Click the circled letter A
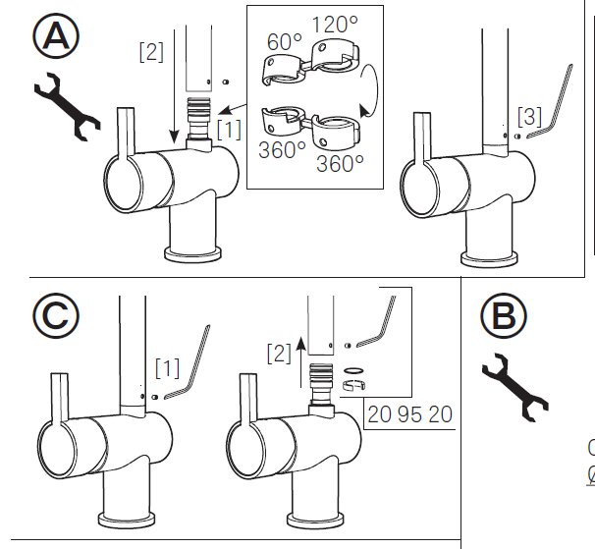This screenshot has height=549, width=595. [56, 35]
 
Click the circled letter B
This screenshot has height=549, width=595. [504, 316]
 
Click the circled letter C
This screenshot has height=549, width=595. [56, 315]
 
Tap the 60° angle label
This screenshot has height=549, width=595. [284, 42]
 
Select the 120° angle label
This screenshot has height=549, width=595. [335, 25]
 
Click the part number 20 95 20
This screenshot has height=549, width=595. [409, 414]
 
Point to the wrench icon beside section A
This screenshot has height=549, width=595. [68, 106]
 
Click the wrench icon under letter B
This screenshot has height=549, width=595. [515, 387]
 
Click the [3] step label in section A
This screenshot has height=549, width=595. [530, 117]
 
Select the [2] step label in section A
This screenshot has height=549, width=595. [151, 52]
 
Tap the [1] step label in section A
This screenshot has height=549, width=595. [229, 130]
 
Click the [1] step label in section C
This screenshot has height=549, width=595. [167, 368]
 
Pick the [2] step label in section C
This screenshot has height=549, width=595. [279, 354]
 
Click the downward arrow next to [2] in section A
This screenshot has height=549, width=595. [174, 86]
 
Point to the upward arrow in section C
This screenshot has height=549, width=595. [300, 361]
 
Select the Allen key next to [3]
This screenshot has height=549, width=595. [550, 102]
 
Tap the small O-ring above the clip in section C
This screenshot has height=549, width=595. [353, 370]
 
